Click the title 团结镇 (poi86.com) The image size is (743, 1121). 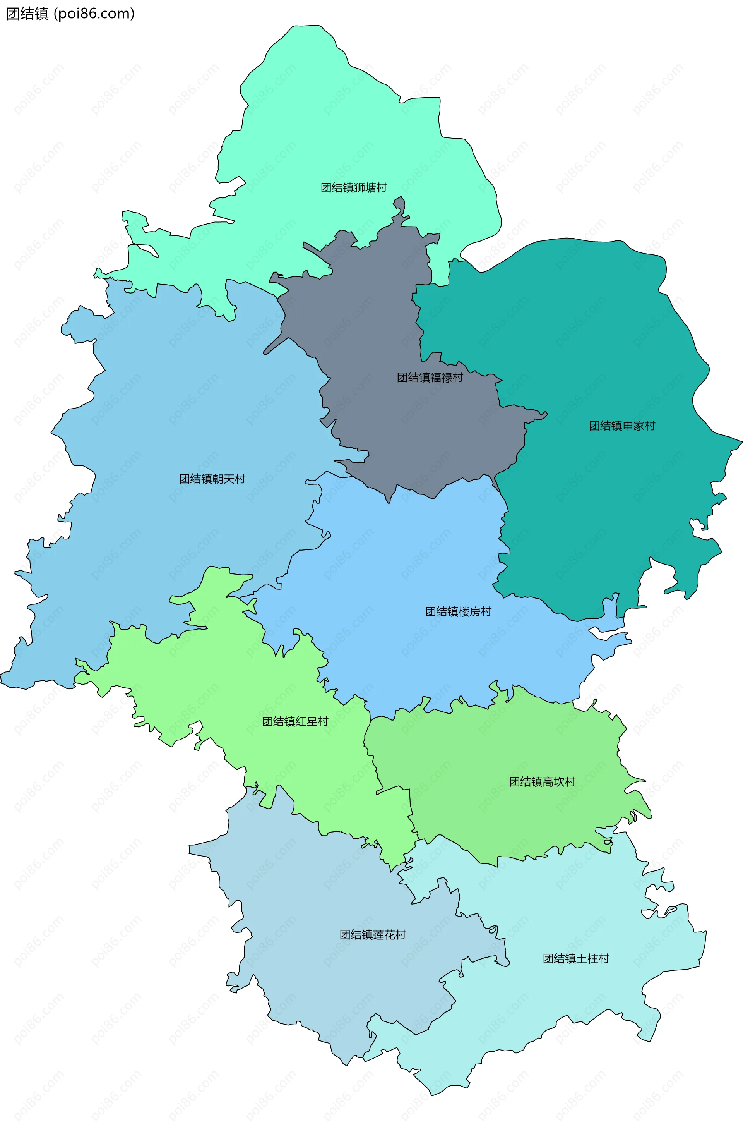[x=70, y=14]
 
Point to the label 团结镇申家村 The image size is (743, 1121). [x=622, y=426]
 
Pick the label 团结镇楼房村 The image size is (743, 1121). [x=458, y=611]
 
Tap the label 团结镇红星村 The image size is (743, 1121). [x=295, y=721]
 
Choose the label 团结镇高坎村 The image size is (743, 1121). [x=542, y=782]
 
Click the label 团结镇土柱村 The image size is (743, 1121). [x=575, y=958]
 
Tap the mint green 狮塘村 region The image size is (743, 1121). [x=332, y=118]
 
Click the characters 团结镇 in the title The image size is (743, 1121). [x=27, y=14]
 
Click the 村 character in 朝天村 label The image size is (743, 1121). [x=240, y=479]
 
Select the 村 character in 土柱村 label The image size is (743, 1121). [x=603, y=958]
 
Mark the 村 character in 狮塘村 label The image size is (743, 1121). [x=382, y=188]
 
